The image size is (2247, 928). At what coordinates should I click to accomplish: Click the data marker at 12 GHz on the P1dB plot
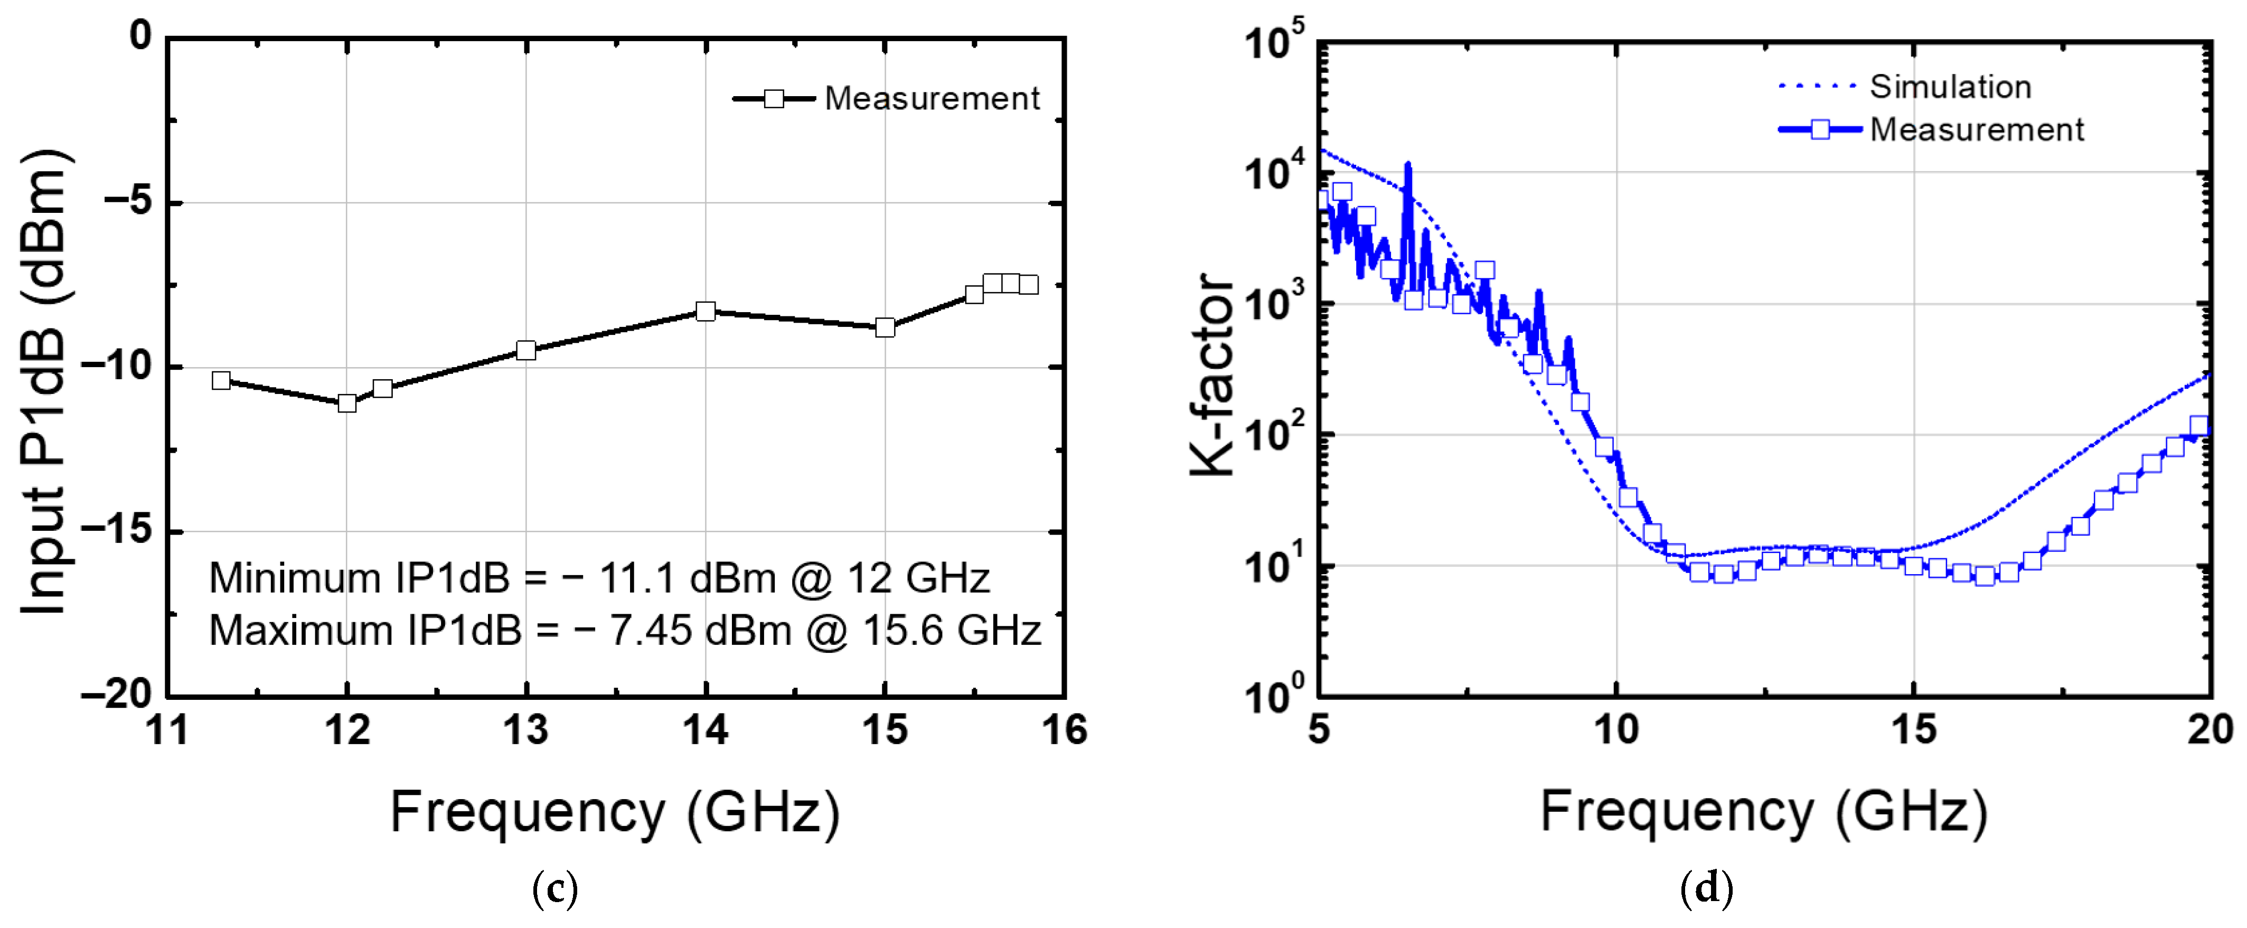[x=347, y=403]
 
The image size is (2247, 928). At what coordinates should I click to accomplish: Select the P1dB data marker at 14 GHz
[x=706, y=312]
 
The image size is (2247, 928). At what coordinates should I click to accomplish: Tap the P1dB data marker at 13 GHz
[x=526, y=351]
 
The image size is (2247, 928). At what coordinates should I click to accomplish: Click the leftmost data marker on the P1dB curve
[x=222, y=380]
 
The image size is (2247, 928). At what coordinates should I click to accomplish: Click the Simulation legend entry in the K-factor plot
[x=1950, y=86]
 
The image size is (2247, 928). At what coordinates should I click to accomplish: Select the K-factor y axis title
[x=1212, y=375]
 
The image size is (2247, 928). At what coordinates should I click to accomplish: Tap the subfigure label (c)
[x=555, y=889]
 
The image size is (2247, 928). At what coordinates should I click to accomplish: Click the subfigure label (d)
[x=1706, y=889]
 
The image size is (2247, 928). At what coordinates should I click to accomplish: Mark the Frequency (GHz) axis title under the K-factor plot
[x=1764, y=811]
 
